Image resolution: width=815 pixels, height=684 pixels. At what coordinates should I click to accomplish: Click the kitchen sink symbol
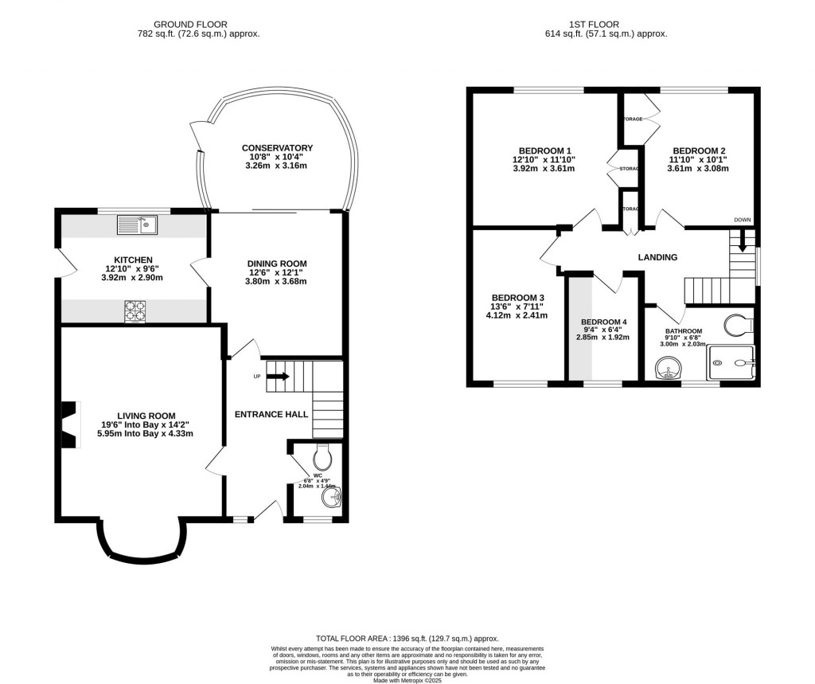(137, 225)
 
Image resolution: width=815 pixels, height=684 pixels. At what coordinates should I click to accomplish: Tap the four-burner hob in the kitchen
(135, 311)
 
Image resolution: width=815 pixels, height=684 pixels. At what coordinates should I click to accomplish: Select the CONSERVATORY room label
(277, 148)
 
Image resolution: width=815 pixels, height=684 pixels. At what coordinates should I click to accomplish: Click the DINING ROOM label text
(276, 264)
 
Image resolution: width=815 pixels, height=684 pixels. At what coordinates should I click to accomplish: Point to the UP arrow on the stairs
(277, 375)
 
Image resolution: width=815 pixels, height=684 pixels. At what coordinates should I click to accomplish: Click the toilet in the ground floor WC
(322, 456)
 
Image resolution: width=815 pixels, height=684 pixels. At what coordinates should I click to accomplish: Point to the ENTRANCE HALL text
(271, 414)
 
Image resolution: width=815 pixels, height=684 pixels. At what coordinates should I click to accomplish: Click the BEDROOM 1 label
(544, 150)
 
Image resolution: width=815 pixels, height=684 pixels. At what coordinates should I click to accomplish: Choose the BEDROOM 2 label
(698, 150)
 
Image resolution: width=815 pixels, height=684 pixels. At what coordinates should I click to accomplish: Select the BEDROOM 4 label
(602, 322)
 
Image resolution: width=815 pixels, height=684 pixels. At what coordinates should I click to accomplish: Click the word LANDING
(657, 257)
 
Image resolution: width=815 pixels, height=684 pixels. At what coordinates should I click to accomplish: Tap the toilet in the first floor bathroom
(739, 324)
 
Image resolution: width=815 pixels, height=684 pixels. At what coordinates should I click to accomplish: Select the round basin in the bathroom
(665, 368)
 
